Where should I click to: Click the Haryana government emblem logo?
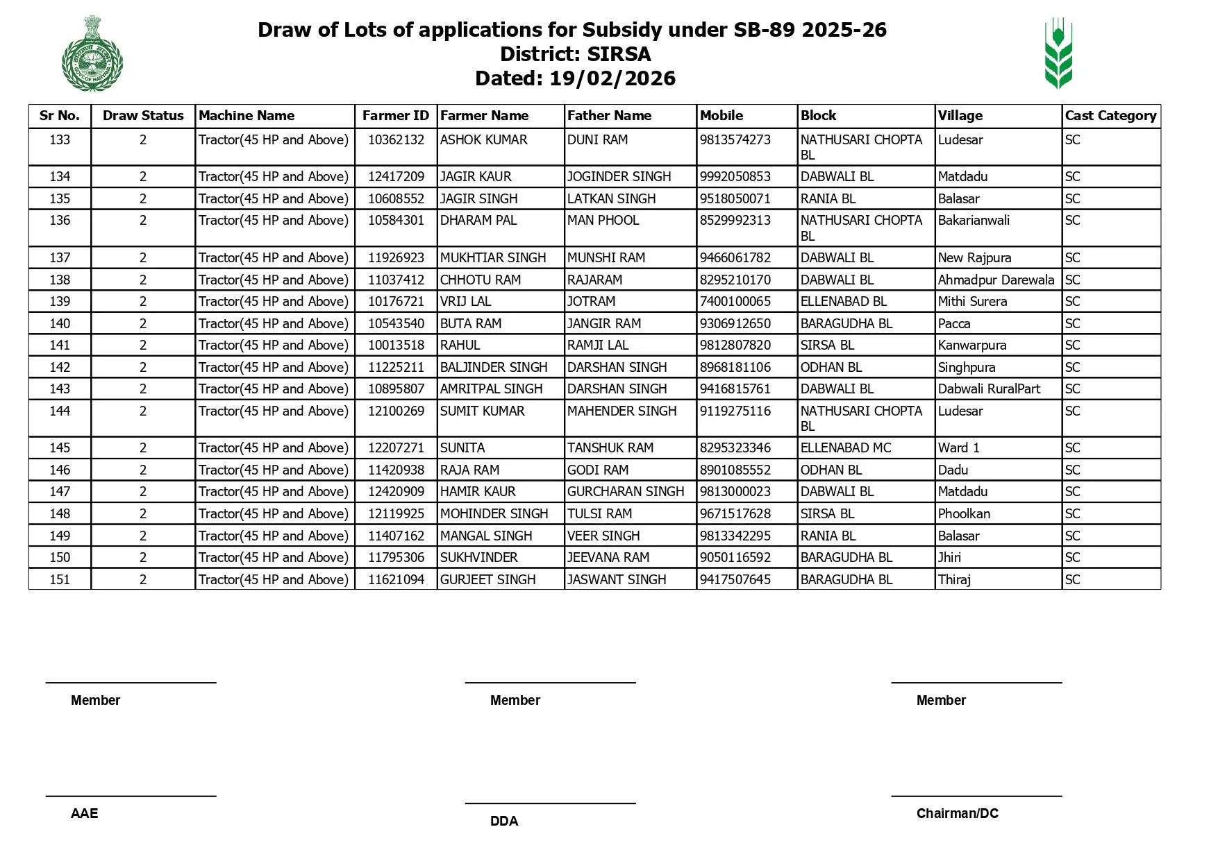[x=92, y=53]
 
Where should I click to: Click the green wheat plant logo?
[x=1058, y=53]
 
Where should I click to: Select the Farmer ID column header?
[x=396, y=116]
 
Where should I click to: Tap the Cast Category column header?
[x=1110, y=116]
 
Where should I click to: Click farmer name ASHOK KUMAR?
[x=483, y=140]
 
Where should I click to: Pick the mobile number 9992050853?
[x=735, y=177]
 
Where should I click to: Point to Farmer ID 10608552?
[x=396, y=199]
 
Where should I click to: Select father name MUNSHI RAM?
[x=606, y=258]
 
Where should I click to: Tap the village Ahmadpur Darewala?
[x=996, y=280]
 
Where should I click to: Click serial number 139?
[x=60, y=302]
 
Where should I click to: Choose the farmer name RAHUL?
[x=460, y=346]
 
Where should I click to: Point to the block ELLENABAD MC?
[x=845, y=448]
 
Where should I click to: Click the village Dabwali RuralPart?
[x=989, y=389]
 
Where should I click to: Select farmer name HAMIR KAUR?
[x=478, y=492]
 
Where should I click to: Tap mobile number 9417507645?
[x=735, y=580]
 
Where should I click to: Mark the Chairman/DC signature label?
[x=957, y=814]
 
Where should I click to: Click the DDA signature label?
[x=504, y=821]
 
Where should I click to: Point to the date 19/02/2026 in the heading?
[x=612, y=78]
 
